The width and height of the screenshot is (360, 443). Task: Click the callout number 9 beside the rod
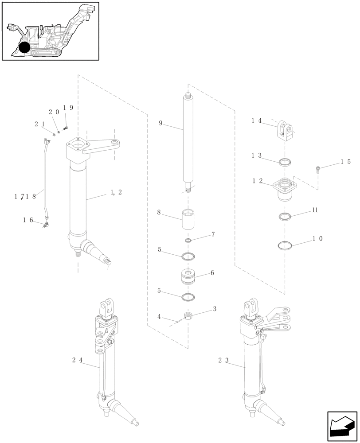click(x=160, y=123)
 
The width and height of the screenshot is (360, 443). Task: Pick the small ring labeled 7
click(x=188, y=241)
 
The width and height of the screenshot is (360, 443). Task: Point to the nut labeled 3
click(x=187, y=316)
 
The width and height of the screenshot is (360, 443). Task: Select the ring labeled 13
click(x=285, y=162)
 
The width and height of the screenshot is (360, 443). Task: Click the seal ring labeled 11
click(x=285, y=216)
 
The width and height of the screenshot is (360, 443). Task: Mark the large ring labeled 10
click(x=285, y=245)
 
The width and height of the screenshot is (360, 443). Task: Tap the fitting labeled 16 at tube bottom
click(x=46, y=225)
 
